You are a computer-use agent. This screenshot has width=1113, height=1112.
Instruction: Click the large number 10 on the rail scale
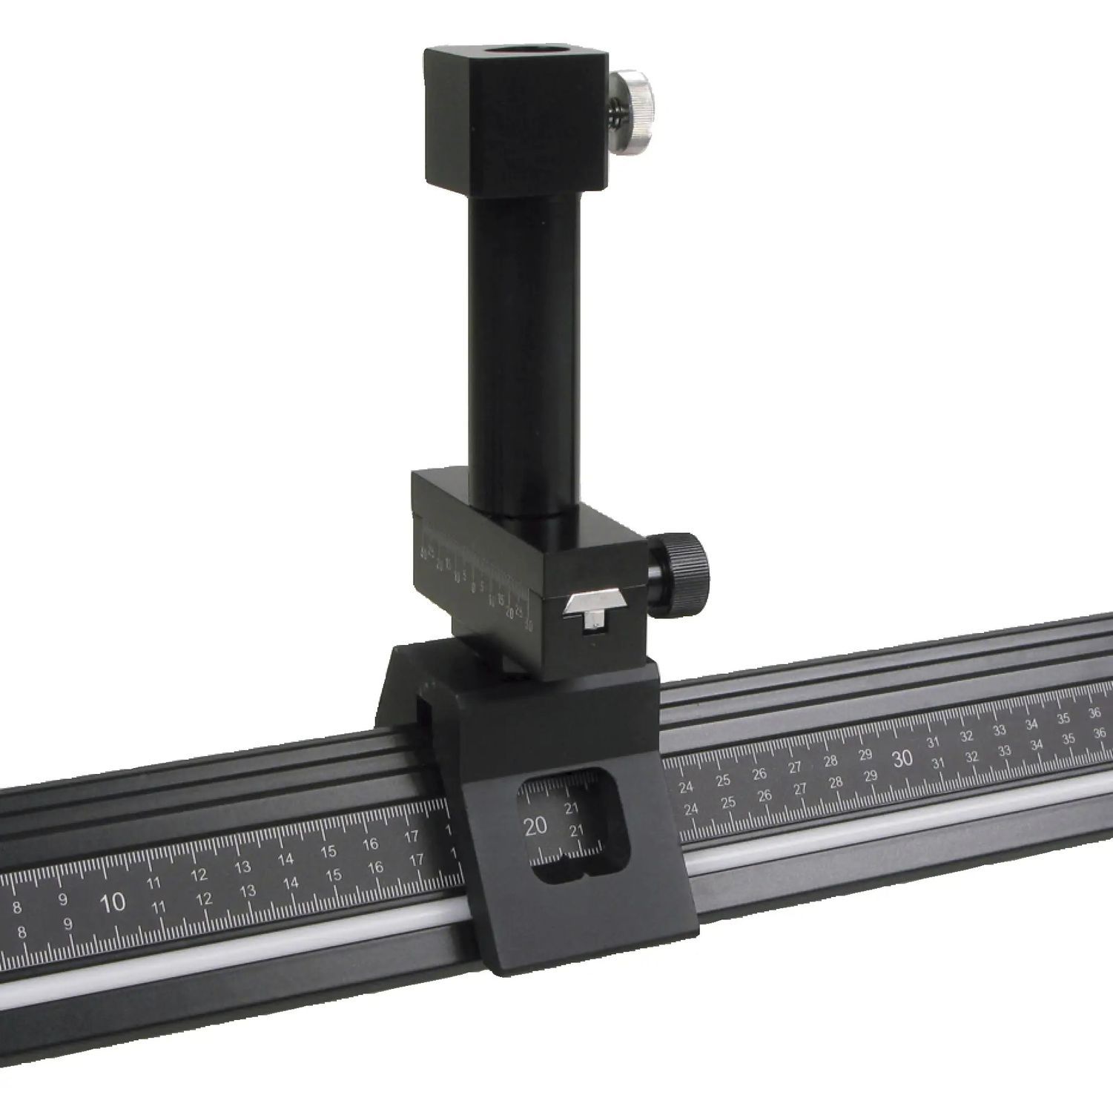pos(113,903)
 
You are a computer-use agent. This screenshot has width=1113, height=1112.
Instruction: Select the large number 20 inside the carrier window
pos(535,826)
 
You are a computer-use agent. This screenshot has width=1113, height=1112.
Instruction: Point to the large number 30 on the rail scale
pos(902,758)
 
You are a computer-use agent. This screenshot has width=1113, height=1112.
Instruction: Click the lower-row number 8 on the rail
pos(22,932)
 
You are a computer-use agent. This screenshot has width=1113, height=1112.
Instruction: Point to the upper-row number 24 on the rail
pos(686,786)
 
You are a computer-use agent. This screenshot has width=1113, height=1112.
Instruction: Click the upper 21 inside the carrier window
pos(572,808)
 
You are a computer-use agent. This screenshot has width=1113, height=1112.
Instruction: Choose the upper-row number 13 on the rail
pos(242,867)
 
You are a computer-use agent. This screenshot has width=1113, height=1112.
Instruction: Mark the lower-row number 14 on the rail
pos(291,882)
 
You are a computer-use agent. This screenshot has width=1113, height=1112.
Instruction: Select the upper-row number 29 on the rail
pos(865,755)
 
